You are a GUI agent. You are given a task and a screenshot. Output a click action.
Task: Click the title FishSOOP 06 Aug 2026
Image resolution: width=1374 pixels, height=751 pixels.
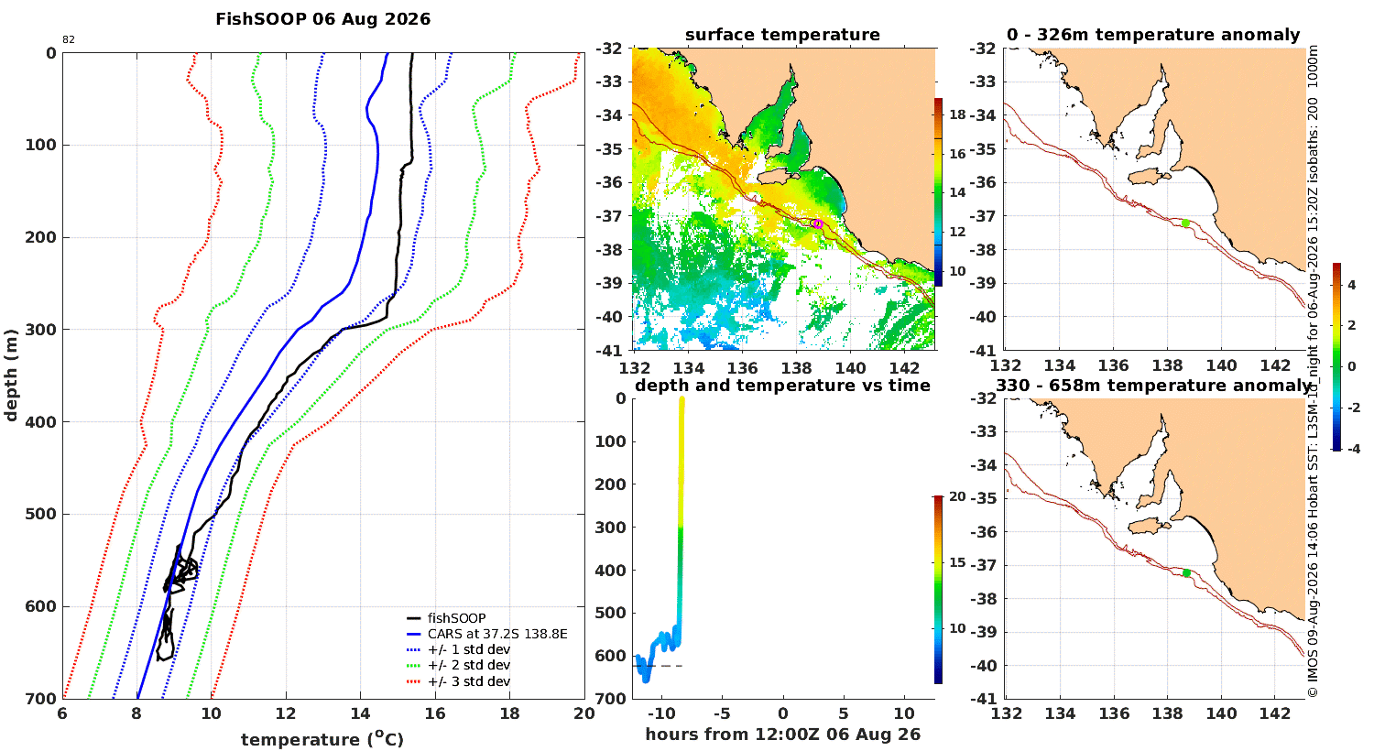[322, 19]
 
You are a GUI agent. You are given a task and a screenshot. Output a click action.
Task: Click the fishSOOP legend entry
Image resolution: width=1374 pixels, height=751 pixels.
[447, 618]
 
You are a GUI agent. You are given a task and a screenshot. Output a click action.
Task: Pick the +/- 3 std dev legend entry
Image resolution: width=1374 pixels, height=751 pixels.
[458, 681]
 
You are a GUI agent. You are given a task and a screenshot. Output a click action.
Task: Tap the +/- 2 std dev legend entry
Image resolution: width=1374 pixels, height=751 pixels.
[458, 665]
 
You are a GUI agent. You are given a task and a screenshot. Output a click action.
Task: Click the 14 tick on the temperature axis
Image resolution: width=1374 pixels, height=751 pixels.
[360, 713]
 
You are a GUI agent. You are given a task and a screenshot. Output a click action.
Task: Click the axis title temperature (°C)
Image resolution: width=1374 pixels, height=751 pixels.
[322, 739]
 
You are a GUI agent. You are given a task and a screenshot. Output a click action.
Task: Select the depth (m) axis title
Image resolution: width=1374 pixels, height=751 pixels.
[10, 375]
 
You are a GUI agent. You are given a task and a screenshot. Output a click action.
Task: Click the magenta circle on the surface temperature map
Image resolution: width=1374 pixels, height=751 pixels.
[818, 223]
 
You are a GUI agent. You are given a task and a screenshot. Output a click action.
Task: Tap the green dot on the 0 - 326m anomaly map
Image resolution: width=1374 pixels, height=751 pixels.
[1185, 223]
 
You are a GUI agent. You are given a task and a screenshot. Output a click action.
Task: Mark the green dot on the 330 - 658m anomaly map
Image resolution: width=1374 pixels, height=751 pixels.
[1186, 573]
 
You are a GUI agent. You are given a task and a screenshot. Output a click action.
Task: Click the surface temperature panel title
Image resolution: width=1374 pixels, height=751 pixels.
[782, 35]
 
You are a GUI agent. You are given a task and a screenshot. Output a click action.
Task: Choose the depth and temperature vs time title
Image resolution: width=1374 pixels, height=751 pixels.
[782, 386]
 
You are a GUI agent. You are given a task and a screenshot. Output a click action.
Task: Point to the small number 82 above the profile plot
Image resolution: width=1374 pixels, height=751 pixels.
[69, 40]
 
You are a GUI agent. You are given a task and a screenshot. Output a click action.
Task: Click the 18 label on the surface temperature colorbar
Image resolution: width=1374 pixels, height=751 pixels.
[957, 114]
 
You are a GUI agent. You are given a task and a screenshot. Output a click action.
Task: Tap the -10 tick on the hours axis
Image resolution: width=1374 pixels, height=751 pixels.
[662, 713]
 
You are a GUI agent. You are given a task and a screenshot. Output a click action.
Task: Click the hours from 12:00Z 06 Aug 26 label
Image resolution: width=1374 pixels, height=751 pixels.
[782, 735]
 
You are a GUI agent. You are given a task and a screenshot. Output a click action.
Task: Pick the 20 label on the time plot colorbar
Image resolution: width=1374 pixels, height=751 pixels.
[957, 496]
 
